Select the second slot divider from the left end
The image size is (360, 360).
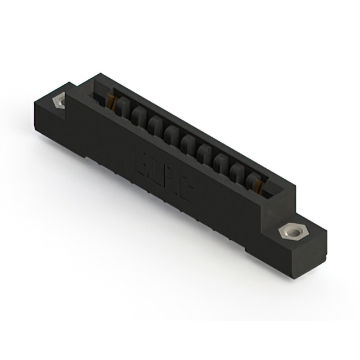138,116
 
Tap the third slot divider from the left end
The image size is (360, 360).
154,124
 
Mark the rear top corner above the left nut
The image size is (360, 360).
71,85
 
